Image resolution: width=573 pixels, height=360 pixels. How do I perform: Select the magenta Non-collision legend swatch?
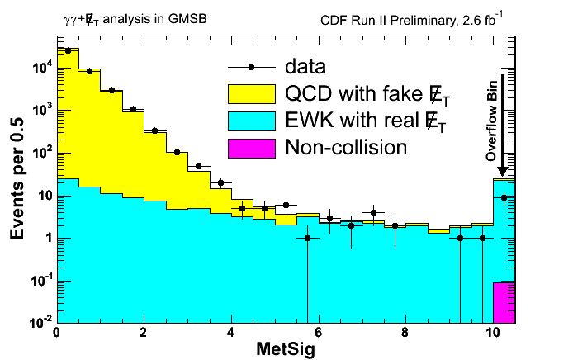[251, 148]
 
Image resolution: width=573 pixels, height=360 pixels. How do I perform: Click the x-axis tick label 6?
[318, 334]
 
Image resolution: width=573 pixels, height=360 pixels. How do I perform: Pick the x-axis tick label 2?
[144, 334]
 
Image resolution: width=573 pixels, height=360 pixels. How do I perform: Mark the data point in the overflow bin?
[504, 197]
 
